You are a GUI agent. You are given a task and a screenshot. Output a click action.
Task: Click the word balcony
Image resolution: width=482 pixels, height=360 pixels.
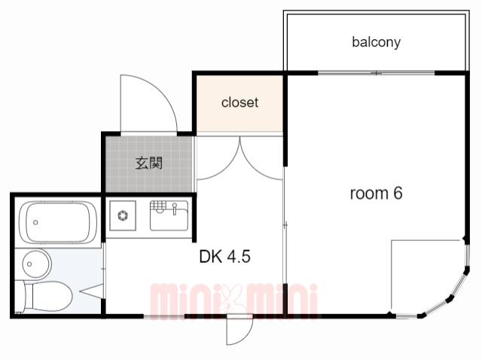[x=377, y=42]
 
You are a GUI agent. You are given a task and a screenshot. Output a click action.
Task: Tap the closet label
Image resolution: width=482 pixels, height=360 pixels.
[x=239, y=102]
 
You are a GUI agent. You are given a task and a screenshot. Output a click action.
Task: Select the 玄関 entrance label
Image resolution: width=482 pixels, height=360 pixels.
[x=149, y=163]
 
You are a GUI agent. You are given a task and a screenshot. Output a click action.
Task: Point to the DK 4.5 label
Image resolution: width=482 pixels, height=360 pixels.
[x=224, y=256]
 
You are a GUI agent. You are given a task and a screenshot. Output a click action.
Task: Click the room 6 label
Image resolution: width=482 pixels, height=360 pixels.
[x=376, y=194]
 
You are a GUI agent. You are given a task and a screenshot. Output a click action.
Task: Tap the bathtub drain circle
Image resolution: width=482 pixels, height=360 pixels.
[x=35, y=222]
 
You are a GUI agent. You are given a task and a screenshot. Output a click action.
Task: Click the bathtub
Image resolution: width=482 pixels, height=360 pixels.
[x=58, y=222]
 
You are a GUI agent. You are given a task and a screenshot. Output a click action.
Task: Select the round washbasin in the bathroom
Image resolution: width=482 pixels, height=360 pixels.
[x=35, y=264]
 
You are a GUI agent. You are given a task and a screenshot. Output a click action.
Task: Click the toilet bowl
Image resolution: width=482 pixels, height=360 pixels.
[x=47, y=297]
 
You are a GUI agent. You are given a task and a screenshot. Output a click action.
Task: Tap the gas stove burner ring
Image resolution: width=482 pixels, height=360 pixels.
[x=123, y=215]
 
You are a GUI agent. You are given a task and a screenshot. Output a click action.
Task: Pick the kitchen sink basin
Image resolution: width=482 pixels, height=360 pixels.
[x=169, y=215]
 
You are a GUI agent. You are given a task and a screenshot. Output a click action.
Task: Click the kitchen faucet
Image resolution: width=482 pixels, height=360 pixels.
[x=175, y=209]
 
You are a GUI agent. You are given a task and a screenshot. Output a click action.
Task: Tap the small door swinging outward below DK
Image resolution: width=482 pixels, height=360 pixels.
[x=239, y=331]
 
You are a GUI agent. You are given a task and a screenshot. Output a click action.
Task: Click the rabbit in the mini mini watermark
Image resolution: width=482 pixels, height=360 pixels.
[x=231, y=300]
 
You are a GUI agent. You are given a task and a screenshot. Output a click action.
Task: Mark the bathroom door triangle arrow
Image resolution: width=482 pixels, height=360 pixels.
[x=91, y=291]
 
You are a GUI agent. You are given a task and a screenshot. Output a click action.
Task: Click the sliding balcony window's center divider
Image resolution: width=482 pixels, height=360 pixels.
[x=377, y=73]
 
